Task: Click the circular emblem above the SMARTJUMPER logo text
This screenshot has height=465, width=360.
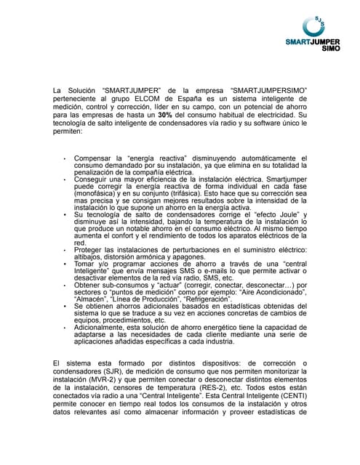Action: coord(318,24)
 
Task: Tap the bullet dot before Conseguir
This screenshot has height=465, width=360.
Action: coord(65,175)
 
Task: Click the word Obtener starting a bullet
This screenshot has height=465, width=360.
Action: coord(88,284)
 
